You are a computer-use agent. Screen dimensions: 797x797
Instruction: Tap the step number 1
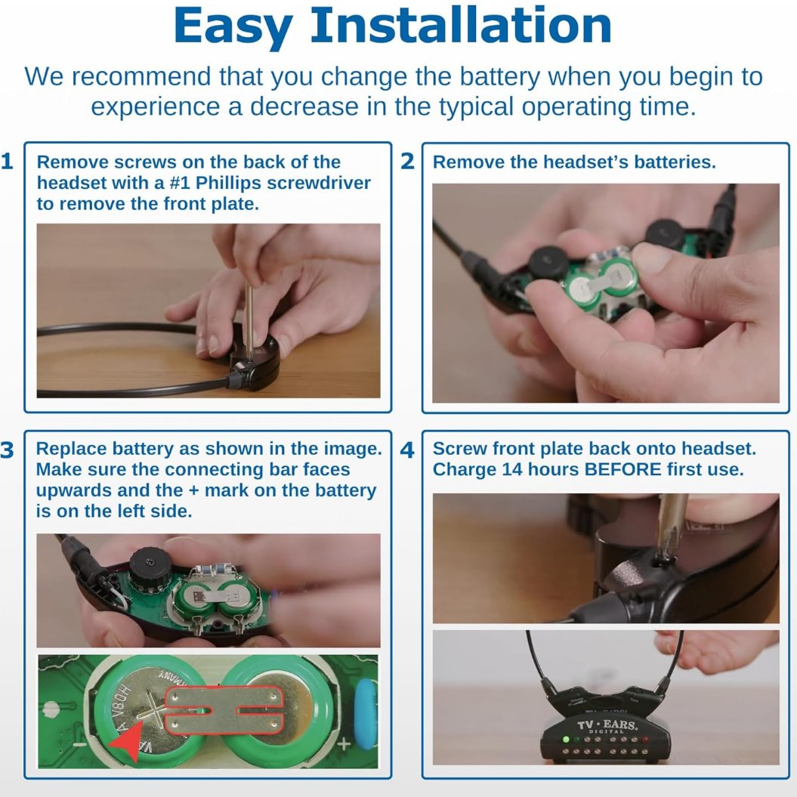[x=7, y=161]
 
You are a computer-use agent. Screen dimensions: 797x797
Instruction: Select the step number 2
[x=407, y=161]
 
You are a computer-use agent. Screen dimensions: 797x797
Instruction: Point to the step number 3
[x=7, y=449]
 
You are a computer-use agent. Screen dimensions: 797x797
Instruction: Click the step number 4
[x=407, y=449]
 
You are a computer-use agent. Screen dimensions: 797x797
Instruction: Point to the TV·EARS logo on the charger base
[x=607, y=724]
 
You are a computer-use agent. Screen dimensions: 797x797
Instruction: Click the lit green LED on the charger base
[x=565, y=739]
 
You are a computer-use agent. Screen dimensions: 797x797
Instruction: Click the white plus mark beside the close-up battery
[x=344, y=744]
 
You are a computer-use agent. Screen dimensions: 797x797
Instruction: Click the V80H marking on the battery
[x=121, y=700]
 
